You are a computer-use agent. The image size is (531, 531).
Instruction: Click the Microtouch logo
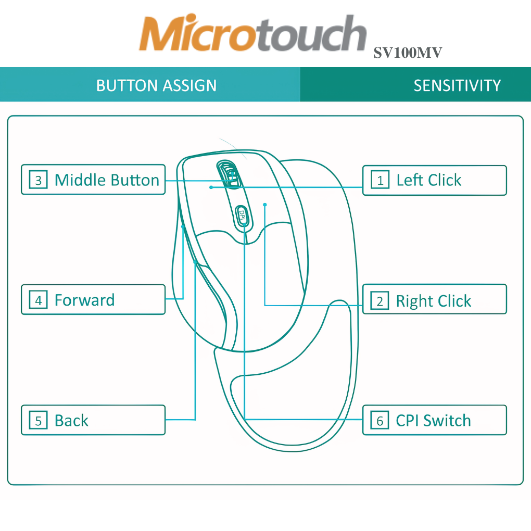point(252,34)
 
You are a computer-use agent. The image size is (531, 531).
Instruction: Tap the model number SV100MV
point(408,53)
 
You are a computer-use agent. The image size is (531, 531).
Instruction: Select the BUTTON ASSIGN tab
point(156,85)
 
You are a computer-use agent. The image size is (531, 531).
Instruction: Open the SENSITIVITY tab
point(457,85)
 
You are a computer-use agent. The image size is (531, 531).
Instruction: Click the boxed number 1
point(380,180)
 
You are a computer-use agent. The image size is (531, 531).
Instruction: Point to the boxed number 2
point(380,301)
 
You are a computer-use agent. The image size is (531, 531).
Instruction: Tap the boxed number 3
point(38,180)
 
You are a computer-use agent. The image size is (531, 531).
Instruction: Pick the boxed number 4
point(38,300)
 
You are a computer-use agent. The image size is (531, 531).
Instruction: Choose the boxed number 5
point(38,421)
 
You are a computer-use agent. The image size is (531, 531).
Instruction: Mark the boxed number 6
point(380,421)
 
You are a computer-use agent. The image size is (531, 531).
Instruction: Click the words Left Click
point(428,180)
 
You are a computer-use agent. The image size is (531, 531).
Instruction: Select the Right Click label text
point(433,301)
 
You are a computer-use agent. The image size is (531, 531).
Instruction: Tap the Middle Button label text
point(107,180)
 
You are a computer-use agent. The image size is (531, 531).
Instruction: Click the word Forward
point(84,300)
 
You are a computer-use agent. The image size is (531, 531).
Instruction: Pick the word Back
point(71,421)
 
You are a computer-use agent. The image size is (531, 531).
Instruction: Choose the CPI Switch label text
point(433,421)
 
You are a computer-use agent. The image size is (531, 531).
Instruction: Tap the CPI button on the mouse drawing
point(242,214)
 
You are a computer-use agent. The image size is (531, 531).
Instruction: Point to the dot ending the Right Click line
point(265,205)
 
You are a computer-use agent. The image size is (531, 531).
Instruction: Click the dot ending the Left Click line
point(211,187)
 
